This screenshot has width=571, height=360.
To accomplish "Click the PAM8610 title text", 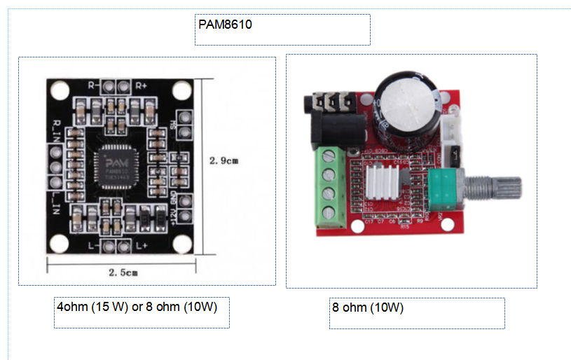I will [x=225, y=25].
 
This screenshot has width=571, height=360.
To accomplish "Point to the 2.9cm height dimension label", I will [x=225, y=160].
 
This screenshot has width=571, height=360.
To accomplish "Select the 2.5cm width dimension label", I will [x=123, y=272].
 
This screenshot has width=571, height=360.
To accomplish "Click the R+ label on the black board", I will [x=141, y=85].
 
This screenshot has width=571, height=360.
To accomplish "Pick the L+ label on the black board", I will [x=141, y=245].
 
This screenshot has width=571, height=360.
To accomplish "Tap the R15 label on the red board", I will [x=404, y=227].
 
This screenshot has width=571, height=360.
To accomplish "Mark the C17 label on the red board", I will [x=370, y=221].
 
